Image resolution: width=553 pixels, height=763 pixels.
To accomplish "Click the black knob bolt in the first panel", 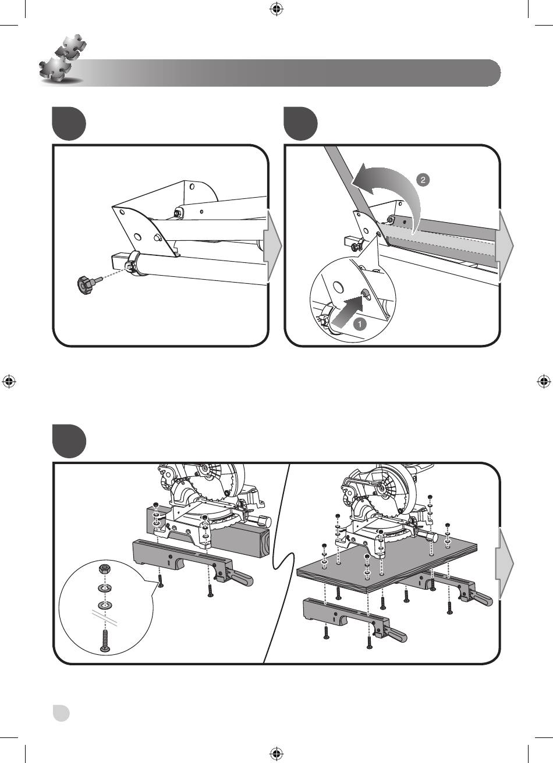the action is [x=87, y=284].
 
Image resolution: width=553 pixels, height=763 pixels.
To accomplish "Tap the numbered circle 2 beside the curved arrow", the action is [x=423, y=180].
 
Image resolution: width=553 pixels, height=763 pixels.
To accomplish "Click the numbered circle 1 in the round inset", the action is [x=360, y=323].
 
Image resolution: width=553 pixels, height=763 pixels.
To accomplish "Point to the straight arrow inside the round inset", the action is [x=348, y=310].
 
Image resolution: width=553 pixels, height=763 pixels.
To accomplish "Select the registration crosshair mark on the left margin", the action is [x=9, y=381].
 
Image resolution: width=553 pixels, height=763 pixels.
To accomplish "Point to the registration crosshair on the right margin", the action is [x=544, y=381].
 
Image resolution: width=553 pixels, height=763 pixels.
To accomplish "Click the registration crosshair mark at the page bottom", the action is [x=276, y=754].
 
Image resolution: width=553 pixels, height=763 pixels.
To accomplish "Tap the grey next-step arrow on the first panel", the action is [x=273, y=246].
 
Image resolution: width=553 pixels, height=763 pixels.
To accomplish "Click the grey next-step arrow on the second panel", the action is [x=506, y=245].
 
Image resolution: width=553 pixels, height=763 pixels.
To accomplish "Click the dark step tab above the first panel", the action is [x=69, y=123].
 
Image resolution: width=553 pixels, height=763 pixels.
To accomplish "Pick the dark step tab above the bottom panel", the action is [x=69, y=441].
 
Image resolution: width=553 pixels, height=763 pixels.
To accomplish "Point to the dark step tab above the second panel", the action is [x=301, y=123].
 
